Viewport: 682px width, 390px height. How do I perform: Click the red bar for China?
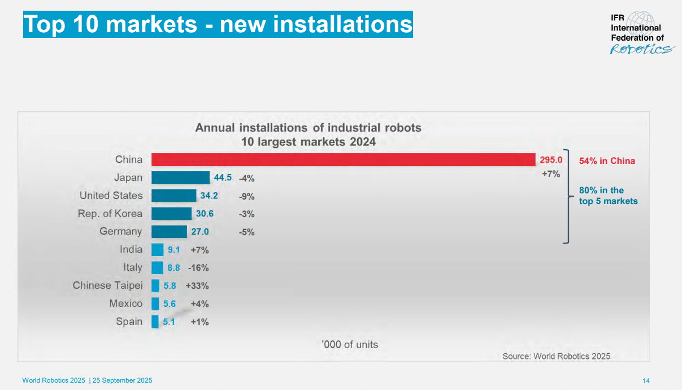click(x=343, y=159)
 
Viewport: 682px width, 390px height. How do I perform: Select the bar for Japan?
click(x=180, y=177)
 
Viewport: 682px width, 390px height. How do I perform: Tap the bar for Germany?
click(x=169, y=231)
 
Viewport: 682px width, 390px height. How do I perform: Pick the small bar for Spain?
click(x=155, y=322)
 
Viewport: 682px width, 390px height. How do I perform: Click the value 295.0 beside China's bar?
click(x=551, y=160)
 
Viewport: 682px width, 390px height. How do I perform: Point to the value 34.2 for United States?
click(x=209, y=196)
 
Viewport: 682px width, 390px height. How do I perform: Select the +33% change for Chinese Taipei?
click(x=197, y=285)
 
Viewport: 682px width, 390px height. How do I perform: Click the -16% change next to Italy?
click(x=198, y=267)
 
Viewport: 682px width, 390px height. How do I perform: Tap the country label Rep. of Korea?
click(x=110, y=214)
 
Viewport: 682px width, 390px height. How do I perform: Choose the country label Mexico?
click(x=126, y=304)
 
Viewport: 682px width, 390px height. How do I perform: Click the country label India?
click(x=131, y=249)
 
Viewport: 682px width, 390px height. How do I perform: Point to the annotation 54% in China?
click(x=607, y=161)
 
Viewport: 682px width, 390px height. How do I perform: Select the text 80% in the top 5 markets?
click(x=608, y=196)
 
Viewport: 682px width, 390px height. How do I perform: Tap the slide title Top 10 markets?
click(x=218, y=25)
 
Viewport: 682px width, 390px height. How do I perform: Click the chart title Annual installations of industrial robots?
click(x=308, y=128)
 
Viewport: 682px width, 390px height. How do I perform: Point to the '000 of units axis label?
click(x=350, y=344)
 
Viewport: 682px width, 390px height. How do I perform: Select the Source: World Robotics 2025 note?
click(x=556, y=356)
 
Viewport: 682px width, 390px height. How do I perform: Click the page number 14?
click(x=646, y=380)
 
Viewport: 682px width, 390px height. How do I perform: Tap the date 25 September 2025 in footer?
click(x=123, y=380)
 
